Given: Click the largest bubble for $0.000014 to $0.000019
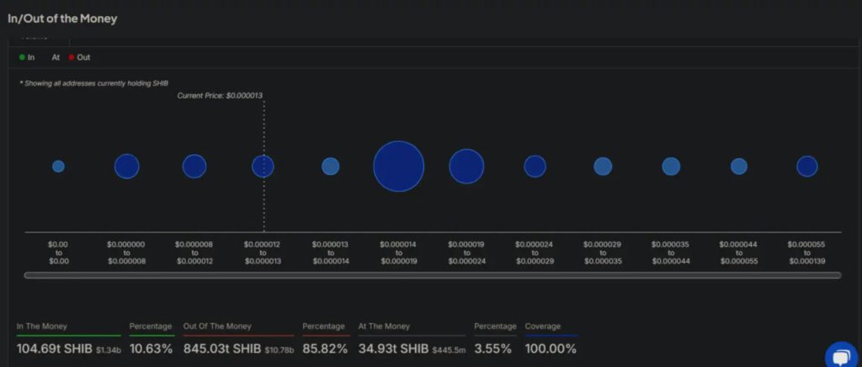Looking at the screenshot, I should click(398, 166).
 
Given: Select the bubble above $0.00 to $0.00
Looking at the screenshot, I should click(58, 166).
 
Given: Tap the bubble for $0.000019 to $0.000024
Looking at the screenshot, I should click(466, 166).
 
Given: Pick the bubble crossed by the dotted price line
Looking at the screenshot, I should click(263, 166).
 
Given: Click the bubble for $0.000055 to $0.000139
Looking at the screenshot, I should click(806, 166).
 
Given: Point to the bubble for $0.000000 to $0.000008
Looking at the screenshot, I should click(126, 166).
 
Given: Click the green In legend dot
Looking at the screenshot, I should click(22, 57).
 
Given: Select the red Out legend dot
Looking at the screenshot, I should click(72, 57).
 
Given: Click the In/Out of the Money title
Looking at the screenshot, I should click(62, 18).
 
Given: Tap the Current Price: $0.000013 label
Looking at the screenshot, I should click(220, 96).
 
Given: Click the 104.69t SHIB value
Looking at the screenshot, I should click(52, 348).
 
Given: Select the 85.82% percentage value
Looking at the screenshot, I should click(324, 348).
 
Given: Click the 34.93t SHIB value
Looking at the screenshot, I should click(393, 348).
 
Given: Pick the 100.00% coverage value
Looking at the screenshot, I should click(551, 348).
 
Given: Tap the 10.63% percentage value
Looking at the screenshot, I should click(152, 348).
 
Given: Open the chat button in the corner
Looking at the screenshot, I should click(841, 356).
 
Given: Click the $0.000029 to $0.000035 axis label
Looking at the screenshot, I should click(603, 253).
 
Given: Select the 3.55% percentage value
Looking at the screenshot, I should click(494, 348).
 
